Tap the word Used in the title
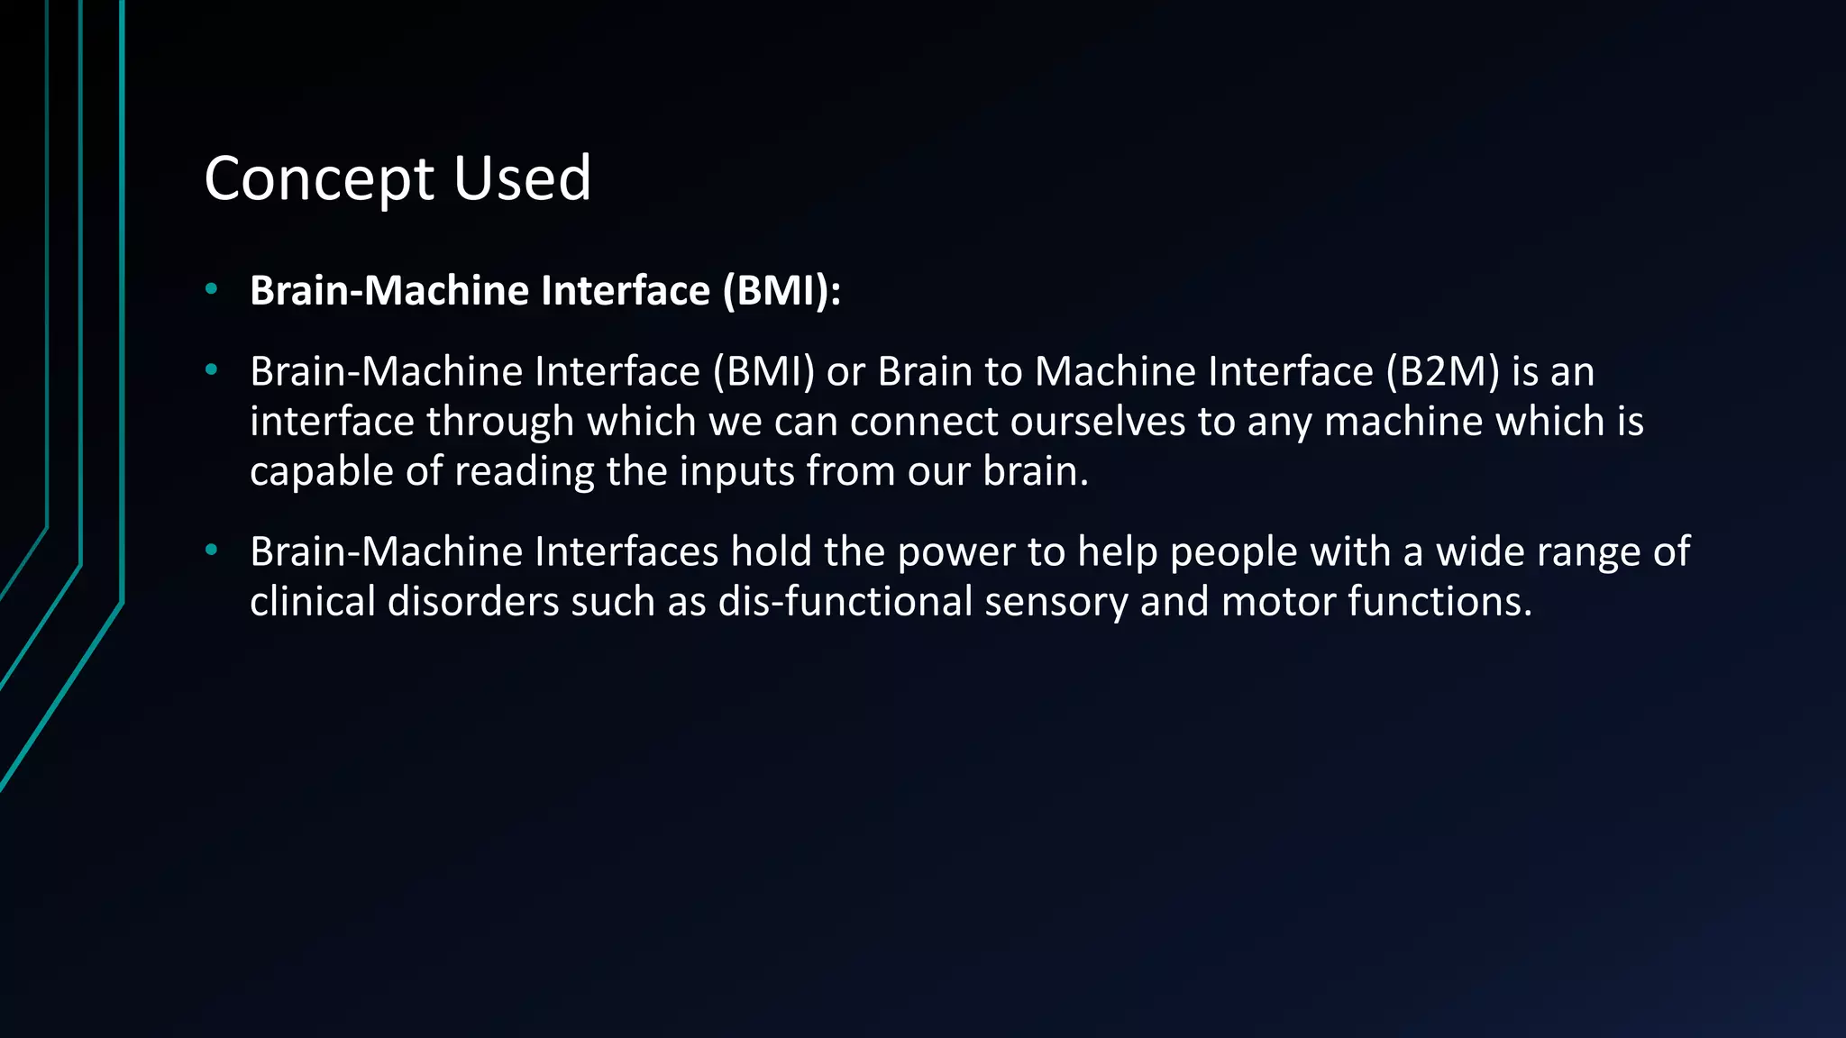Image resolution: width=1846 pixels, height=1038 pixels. tap(522, 178)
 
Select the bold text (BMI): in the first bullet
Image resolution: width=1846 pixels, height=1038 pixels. tap(781, 290)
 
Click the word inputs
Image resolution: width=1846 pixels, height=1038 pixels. tap(736, 471)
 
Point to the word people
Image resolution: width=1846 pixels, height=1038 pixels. tap(1233, 551)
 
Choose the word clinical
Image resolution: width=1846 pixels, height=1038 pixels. tap(312, 601)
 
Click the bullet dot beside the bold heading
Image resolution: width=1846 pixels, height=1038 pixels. tap(211, 289)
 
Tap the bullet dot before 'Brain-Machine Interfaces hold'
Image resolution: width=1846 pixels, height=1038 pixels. tap(211, 550)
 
